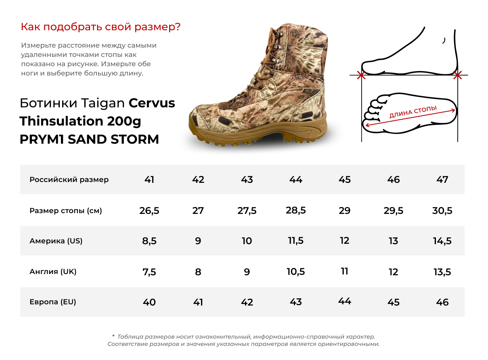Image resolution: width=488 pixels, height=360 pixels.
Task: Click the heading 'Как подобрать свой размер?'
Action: [x=101, y=27]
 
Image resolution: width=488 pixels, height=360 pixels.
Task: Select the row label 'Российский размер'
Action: [x=69, y=180]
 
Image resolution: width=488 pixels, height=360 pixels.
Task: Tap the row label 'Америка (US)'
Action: [x=56, y=241]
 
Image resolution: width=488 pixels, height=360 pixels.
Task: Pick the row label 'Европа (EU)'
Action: [x=53, y=302]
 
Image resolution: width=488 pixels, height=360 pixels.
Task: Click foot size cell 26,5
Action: [x=149, y=211]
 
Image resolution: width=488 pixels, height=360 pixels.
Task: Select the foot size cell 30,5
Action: [x=442, y=211]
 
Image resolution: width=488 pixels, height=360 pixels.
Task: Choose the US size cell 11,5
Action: [x=296, y=241]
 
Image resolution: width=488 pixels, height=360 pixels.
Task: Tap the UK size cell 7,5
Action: [x=149, y=272]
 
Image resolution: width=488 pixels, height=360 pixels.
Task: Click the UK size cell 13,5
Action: [x=442, y=272]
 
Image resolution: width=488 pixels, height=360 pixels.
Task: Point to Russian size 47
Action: [x=442, y=180]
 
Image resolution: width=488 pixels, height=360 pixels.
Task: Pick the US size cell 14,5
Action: [x=442, y=241]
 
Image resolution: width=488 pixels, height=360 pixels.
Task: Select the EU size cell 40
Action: [x=149, y=302]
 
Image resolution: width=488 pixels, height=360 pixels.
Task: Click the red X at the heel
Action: [x=457, y=75]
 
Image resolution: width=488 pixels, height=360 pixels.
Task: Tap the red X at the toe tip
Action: [x=361, y=75]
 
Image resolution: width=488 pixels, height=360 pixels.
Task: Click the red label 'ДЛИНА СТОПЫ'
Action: [x=413, y=111]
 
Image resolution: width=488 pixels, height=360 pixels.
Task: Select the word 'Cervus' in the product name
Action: [x=152, y=103]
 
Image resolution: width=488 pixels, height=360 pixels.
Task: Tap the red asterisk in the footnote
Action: [x=113, y=336]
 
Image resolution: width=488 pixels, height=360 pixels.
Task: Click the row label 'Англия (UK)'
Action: [x=53, y=272]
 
